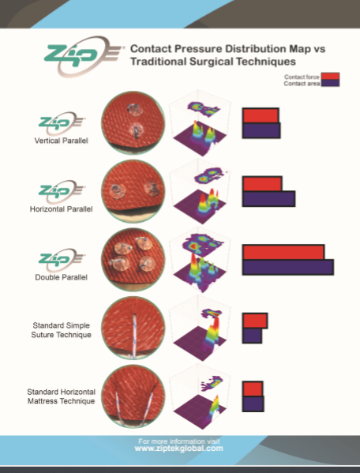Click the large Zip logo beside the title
[x=83, y=56]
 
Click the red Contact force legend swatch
[x=330, y=76]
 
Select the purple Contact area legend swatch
[x=330, y=83]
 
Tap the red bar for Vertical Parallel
[x=261, y=115]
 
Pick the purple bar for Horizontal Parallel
[x=268, y=199]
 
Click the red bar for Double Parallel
[x=283, y=252]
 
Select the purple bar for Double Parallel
[x=288, y=267]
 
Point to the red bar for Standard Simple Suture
[x=255, y=321]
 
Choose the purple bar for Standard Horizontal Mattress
[x=253, y=404]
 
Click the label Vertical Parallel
[x=62, y=141]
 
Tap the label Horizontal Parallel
[x=62, y=209]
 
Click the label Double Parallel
[x=62, y=277]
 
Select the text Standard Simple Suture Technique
[x=62, y=330]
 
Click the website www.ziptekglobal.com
[x=179, y=449]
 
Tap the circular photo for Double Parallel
[x=133, y=260]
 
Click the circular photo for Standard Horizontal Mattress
[x=133, y=396]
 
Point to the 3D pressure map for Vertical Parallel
[x=200, y=122]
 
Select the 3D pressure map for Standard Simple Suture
[x=200, y=328]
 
